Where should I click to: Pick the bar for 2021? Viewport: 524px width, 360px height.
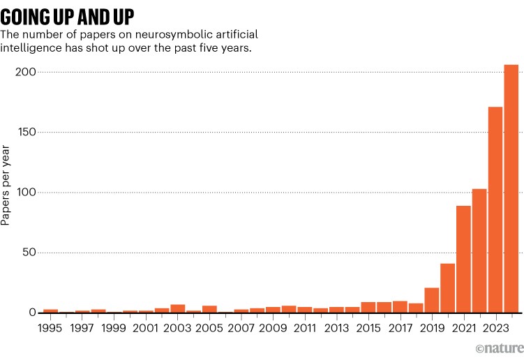click(463, 259)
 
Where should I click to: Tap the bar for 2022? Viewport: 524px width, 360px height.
click(479, 250)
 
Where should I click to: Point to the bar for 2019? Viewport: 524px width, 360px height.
click(432, 300)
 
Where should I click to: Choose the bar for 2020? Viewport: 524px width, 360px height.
click(447, 288)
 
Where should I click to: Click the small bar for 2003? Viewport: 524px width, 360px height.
click(178, 308)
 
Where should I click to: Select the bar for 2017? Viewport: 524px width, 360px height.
click(400, 307)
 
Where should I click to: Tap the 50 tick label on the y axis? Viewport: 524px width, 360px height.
click(29, 253)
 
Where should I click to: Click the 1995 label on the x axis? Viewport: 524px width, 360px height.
click(50, 327)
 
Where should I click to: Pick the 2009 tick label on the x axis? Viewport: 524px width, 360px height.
click(273, 327)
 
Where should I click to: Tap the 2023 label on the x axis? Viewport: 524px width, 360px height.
click(495, 327)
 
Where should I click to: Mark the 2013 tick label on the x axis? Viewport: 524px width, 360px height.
click(336, 327)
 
